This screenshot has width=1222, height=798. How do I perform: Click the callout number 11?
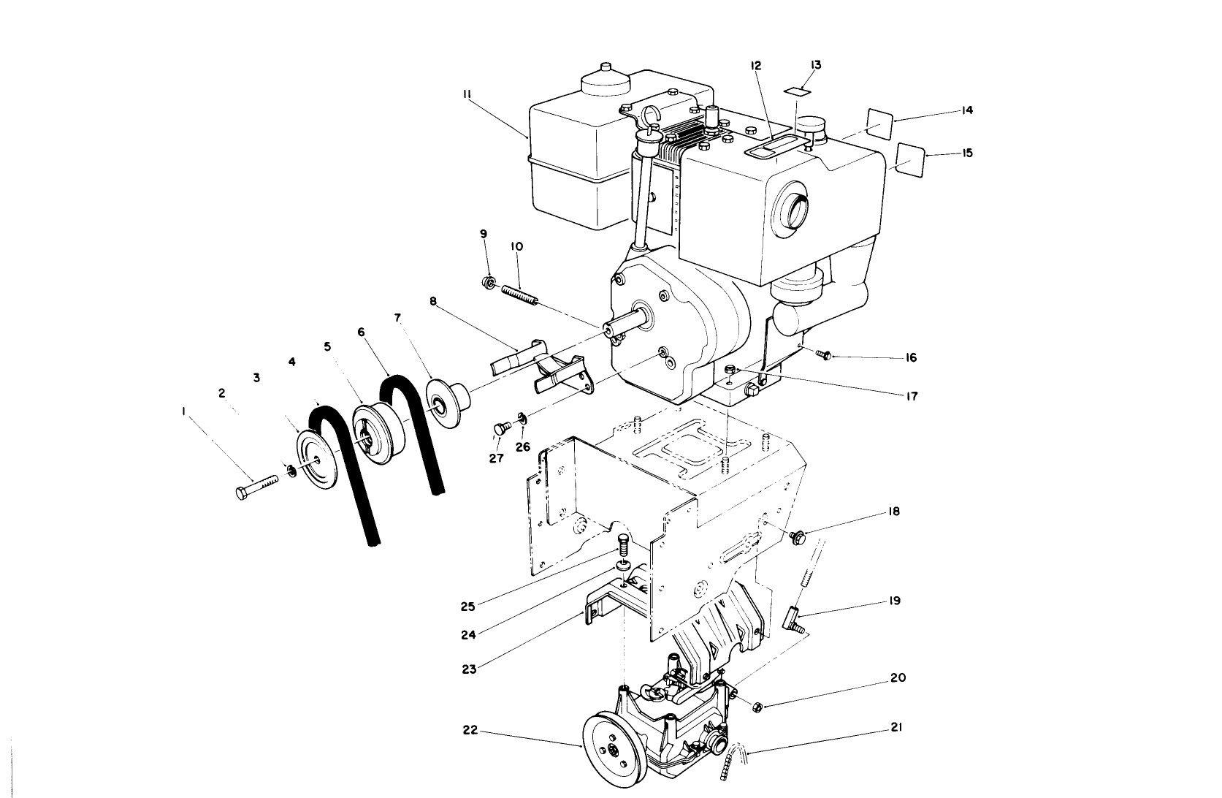point(467,94)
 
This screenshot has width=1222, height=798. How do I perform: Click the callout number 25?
point(468,606)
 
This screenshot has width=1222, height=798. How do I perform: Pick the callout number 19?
point(895,601)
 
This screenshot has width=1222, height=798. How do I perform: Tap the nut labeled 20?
point(757,706)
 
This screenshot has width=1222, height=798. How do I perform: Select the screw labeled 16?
point(825,355)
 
